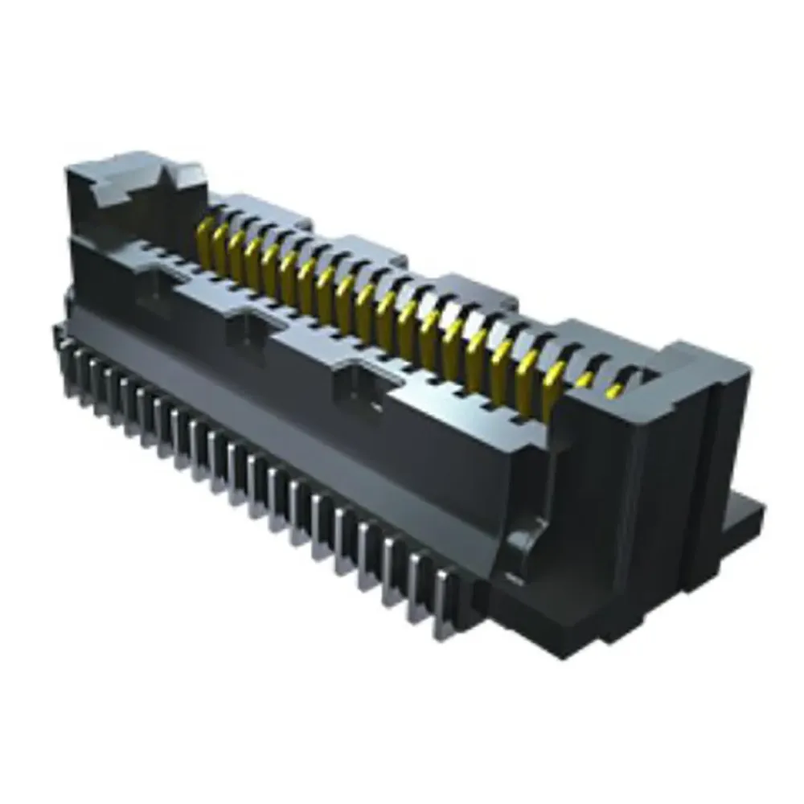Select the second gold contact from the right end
(585, 379)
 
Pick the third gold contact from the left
(238, 252)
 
